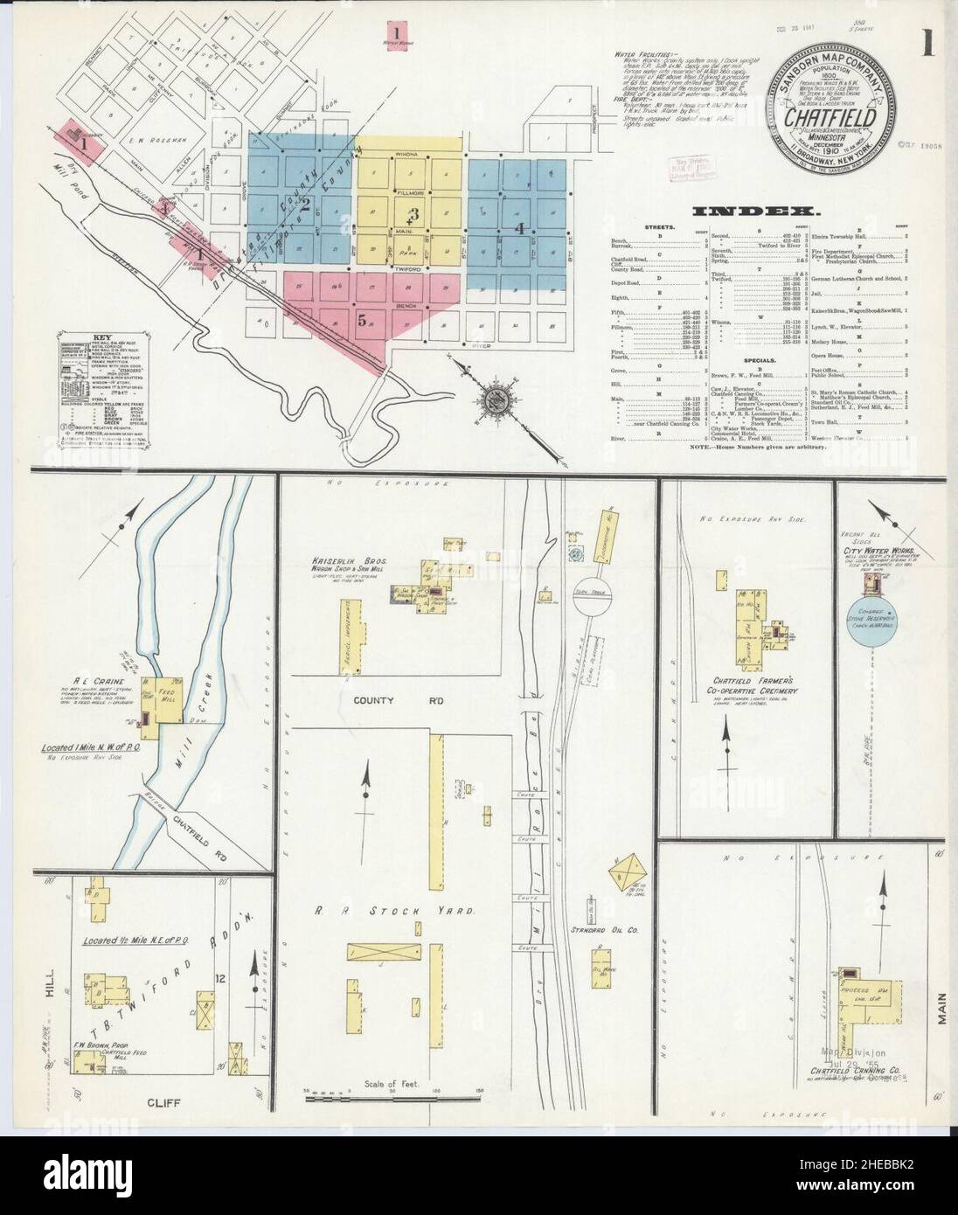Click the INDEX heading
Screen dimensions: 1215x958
tap(754, 211)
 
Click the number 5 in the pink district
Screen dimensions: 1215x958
tap(361, 319)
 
